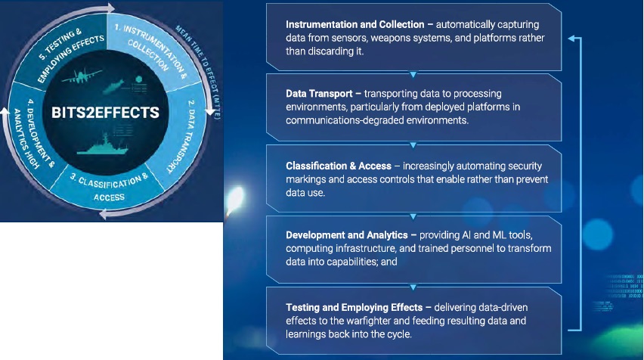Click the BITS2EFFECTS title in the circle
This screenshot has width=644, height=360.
105,113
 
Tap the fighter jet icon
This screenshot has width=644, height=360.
82,76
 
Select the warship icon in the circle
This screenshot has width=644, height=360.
102,145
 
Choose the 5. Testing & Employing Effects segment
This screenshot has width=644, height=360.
66,48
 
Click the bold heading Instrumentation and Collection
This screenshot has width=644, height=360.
355,25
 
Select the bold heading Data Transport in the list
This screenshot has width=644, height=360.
319,94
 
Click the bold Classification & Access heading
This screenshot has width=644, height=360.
339,166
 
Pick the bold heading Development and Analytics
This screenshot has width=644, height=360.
347,235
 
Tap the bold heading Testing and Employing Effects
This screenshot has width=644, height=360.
354,307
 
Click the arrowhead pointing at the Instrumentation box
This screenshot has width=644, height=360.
571,39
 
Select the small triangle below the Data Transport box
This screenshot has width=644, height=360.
413,145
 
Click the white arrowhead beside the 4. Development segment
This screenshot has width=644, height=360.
5,112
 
